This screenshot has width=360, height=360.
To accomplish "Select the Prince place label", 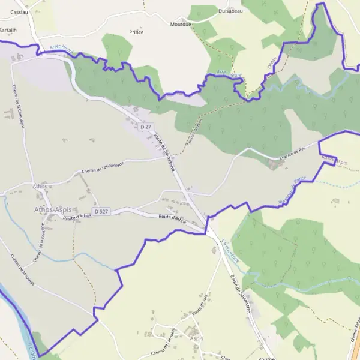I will tap(137, 32).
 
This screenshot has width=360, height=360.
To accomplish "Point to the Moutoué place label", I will tap(181, 24).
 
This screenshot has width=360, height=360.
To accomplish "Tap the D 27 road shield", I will tap(145, 127).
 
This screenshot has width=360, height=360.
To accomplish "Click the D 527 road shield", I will tap(101, 211).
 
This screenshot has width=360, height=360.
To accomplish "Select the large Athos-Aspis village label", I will tap(53, 209).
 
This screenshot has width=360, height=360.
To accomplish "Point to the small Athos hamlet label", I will tap(41, 187).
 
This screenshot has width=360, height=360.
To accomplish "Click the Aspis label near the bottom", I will tap(196, 338).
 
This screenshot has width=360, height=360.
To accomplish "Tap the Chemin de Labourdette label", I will tap(102, 168).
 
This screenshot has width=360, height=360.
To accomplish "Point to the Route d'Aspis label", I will tap(199, 308).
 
